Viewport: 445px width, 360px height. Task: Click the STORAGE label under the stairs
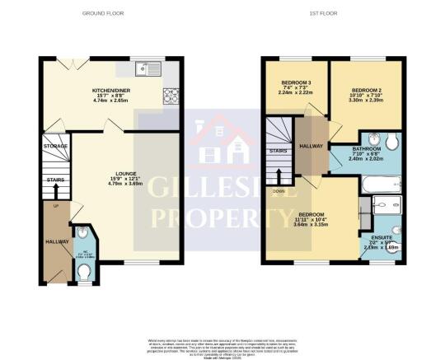coord(56,146)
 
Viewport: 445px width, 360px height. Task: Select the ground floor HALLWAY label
coord(55,241)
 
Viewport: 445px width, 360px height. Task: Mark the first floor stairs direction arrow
coord(279,175)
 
